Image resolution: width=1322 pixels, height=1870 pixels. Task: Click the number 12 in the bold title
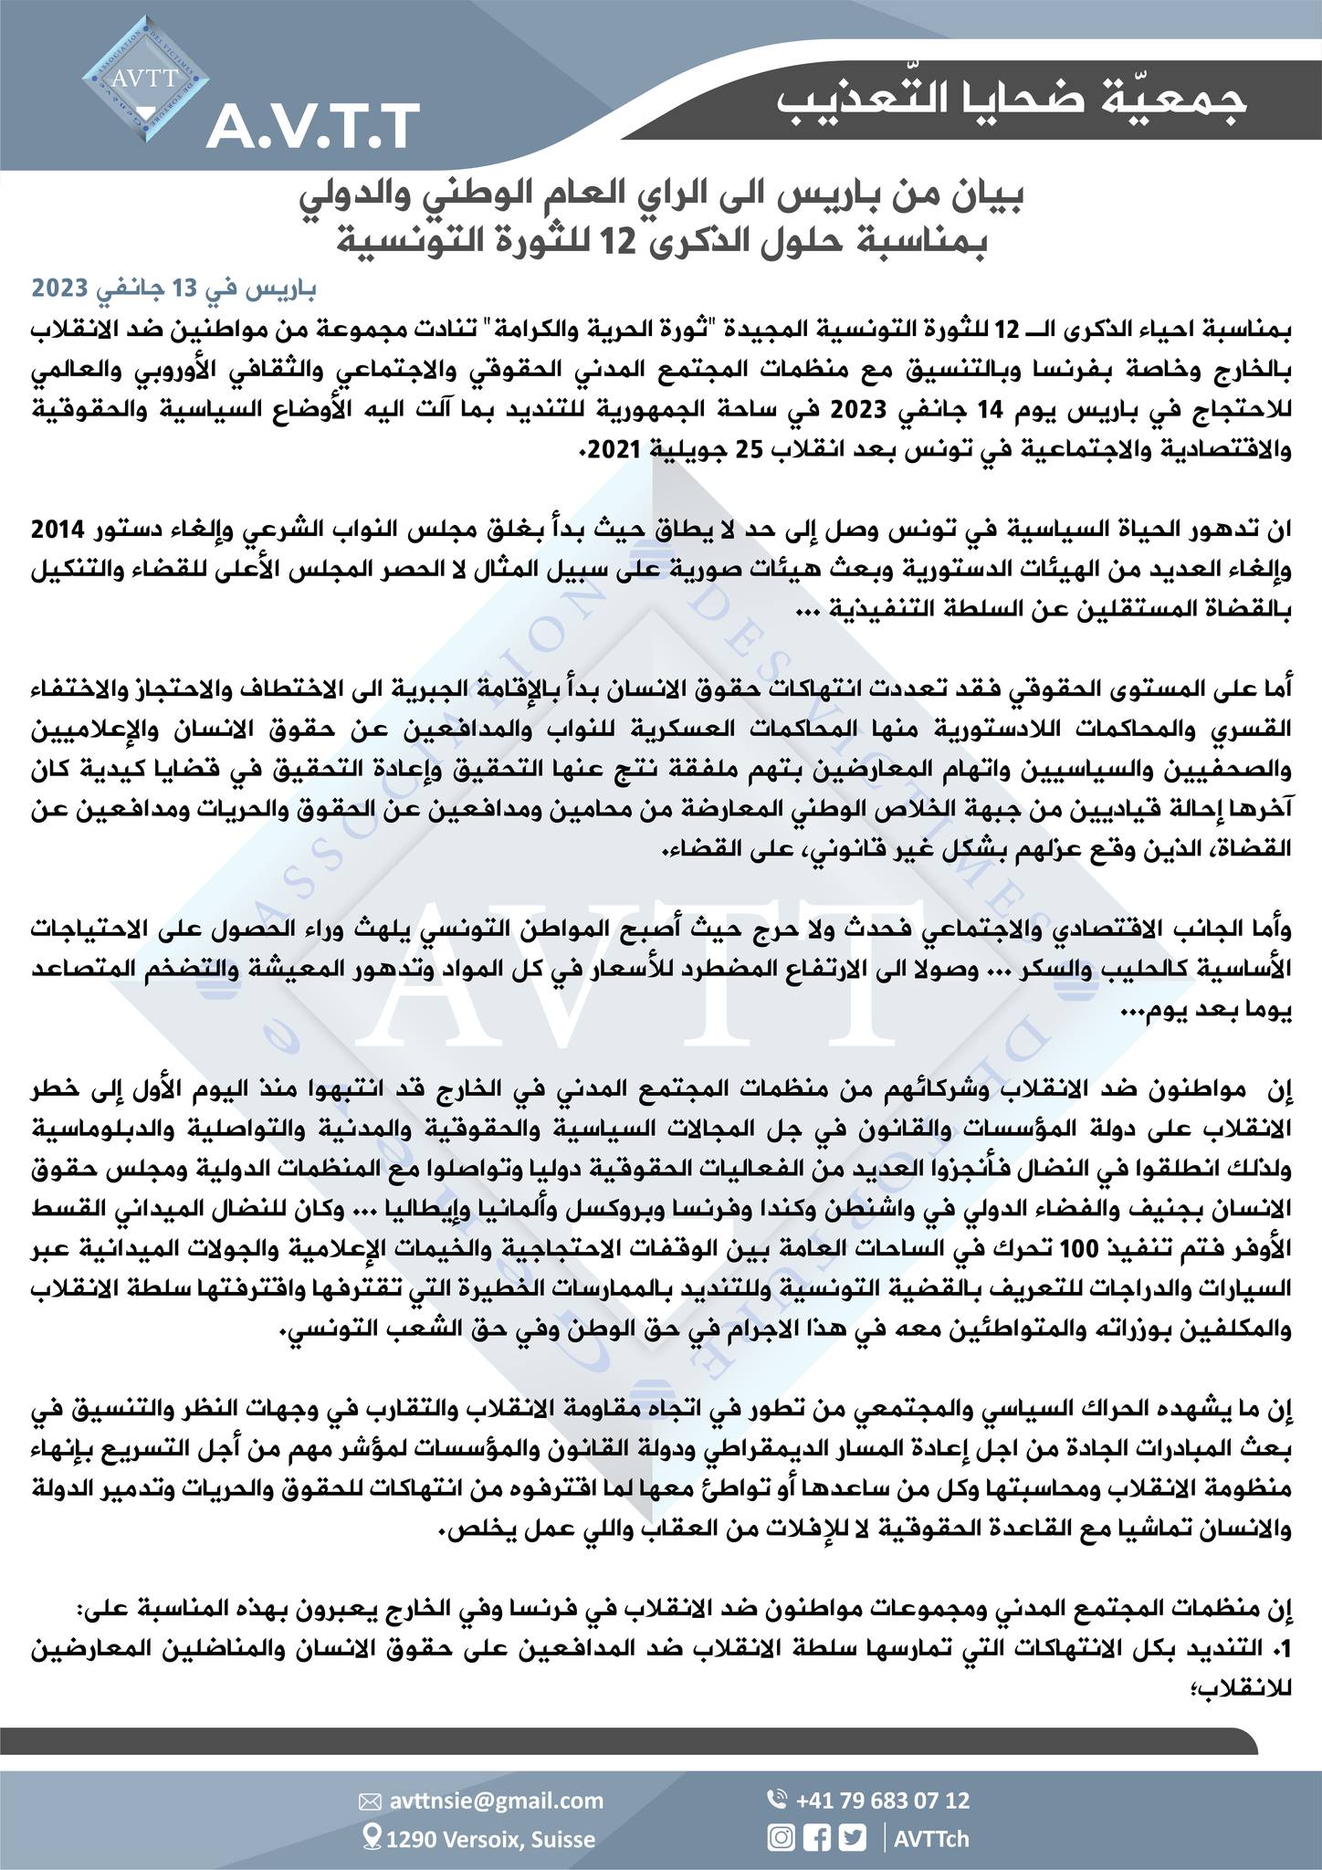coord(600,244)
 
